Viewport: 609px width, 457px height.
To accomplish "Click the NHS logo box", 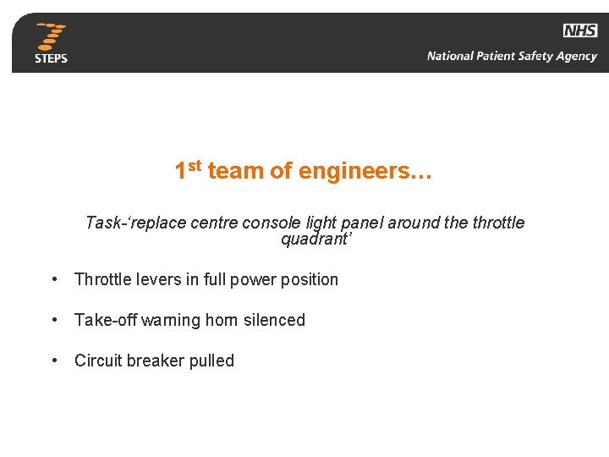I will pyautogui.click(x=580, y=30).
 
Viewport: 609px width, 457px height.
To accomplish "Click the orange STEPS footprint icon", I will pyautogui.click(x=52, y=36).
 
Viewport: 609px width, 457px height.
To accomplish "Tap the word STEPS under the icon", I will pyautogui.click(x=51, y=58).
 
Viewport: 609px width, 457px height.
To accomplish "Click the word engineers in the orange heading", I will pyautogui.click(x=365, y=172).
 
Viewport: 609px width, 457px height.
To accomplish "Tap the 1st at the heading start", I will pyautogui.click(x=187, y=169).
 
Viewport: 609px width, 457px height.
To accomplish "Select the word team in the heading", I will pyautogui.click(x=235, y=172).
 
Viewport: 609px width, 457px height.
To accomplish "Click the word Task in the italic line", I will pyautogui.click(x=102, y=223).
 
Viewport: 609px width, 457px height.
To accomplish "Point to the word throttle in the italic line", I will pyautogui.click(x=498, y=223).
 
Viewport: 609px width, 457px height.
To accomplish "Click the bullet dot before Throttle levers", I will pyautogui.click(x=54, y=280).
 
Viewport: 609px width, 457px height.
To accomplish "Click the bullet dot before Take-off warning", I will pyautogui.click(x=54, y=321).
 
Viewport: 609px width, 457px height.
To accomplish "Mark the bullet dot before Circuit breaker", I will pyautogui.click(x=54, y=361).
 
